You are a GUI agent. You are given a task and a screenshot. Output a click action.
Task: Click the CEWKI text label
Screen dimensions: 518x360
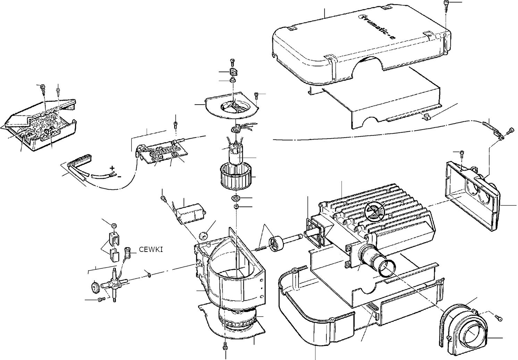click(151, 249)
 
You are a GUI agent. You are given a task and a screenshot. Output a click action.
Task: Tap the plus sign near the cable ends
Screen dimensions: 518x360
click(112, 168)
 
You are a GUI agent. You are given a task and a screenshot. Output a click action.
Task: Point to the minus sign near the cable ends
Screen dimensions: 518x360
click(119, 177)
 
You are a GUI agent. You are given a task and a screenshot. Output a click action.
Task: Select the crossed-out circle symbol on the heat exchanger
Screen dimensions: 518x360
click(374, 212)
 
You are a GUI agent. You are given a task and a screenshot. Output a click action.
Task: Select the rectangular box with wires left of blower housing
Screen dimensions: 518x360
click(192, 213)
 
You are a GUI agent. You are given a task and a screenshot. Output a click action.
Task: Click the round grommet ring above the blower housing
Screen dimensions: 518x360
click(203, 236)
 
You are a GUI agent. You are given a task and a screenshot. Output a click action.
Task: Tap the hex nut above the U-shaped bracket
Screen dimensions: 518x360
click(114, 226)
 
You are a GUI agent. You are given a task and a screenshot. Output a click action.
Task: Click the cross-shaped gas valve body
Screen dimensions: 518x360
click(114, 284)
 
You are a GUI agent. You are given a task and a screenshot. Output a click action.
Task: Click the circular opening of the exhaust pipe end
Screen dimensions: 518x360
click(387, 268)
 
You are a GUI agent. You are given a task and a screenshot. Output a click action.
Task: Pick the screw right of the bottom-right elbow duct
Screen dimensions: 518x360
click(499, 319)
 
